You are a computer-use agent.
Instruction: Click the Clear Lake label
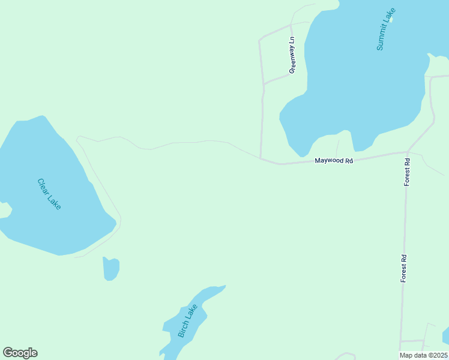click(x=49, y=194)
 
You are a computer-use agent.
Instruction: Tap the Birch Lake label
click(x=188, y=320)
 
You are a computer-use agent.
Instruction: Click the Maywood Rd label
click(x=334, y=161)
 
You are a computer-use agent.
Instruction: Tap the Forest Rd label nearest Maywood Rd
click(x=407, y=172)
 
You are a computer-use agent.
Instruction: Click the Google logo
click(x=20, y=353)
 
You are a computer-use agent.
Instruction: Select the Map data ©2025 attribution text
click(x=424, y=355)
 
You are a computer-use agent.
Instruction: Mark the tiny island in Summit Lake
click(x=391, y=19)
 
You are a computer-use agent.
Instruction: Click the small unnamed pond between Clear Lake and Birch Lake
click(x=111, y=269)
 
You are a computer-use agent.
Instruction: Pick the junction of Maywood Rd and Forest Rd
click(x=408, y=152)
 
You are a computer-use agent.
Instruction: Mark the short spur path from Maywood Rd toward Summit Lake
click(x=337, y=147)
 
